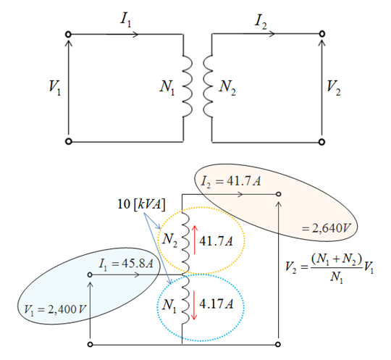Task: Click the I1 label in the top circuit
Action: tap(125, 20)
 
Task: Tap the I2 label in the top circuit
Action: tap(261, 22)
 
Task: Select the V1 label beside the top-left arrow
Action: tap(55, 88)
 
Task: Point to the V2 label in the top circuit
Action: tap(334, 88)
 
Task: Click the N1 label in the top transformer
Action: tap(167, 88)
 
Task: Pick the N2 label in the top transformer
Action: tap(227, 88)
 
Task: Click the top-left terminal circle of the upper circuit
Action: tap(68, 34)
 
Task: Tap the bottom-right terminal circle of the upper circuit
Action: tap(322, 142)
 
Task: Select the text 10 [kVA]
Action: tap(141, 204)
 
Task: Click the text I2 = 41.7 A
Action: tap(231, 181)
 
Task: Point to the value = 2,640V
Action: tap(326, 228)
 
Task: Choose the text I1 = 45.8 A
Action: tap(126, 264)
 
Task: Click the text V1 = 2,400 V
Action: tap(55, 309)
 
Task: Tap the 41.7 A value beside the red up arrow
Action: tap(216, 241)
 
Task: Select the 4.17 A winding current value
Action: tap(216, 304)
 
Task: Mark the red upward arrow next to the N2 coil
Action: tap(195, 240)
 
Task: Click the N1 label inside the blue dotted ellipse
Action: tap(169, 306)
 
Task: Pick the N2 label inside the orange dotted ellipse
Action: tap(170, 240)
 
